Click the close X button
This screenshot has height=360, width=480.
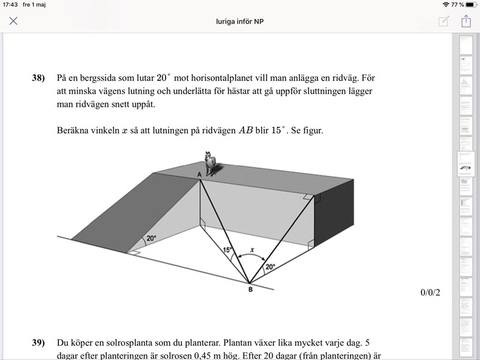coord(13,21)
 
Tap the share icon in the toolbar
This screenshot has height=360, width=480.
coord(466,21)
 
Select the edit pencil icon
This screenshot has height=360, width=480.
coord(443,21)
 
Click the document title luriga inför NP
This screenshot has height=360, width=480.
coord(240,21)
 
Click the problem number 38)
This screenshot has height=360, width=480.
coord(38,78)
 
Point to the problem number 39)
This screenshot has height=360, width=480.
coord(38,343)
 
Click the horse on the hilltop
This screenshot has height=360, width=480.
coord(210,164)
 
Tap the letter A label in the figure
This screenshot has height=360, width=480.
coord(200,174)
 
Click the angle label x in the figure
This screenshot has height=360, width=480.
coord(252,248)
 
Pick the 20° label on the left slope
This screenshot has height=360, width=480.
coord(151,238)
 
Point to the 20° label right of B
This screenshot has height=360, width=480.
coord(270,266)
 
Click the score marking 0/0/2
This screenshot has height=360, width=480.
coord(431,293)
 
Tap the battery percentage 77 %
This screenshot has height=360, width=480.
coord(458,4)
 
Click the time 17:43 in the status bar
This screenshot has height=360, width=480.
coord(11,4)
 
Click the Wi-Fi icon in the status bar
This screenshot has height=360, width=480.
coord(445,4)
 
